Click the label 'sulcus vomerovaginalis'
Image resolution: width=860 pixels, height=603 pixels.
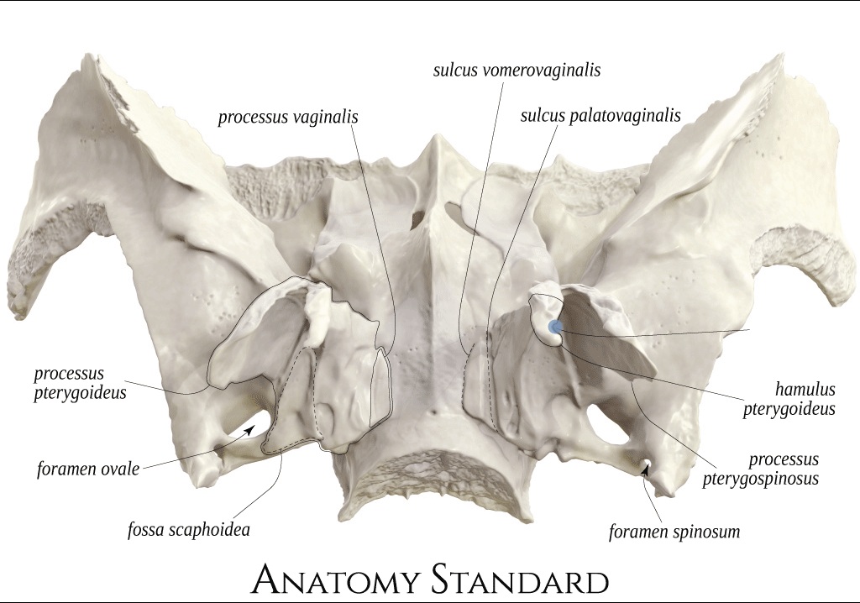(x=517, y=71)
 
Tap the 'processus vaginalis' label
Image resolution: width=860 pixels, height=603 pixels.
(x=288, y=118)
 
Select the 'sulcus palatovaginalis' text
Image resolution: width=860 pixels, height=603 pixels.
(x=600, y=116)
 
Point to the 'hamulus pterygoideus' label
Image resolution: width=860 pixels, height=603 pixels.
(x=789, y=399)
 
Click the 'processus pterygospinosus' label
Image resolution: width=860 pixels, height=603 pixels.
(x=761, y=469)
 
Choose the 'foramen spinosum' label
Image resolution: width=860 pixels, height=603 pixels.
(x=674, y=532)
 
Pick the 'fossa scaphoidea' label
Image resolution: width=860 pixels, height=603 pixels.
(x=189, y=529)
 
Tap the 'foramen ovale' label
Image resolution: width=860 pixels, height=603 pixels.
(x=88, y=469)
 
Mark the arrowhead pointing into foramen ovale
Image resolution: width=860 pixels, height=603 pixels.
(x=249, y=428)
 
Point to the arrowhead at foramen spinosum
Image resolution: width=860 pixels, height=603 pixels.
(x=647, y=469)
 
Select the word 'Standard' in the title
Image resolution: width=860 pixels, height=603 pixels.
(x=519, y=579)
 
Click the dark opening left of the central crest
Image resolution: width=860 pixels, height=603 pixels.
(x=418, y=216)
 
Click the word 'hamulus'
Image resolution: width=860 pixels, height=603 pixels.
(x=805, y=390)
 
